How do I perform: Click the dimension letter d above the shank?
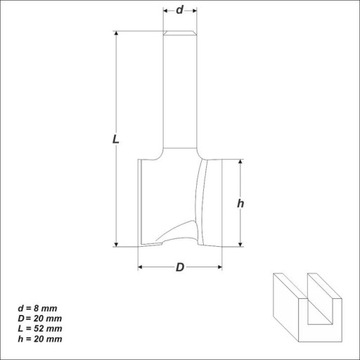180,10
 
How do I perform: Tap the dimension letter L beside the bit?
115,139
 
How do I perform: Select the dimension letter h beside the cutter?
240,203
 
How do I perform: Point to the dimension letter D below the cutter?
180,267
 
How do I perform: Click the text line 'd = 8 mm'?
37,308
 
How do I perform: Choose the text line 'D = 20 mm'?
40,318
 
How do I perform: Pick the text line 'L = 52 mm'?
40,329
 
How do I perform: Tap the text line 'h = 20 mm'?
40,339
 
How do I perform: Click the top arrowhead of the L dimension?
116,34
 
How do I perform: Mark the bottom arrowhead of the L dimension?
116,244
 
